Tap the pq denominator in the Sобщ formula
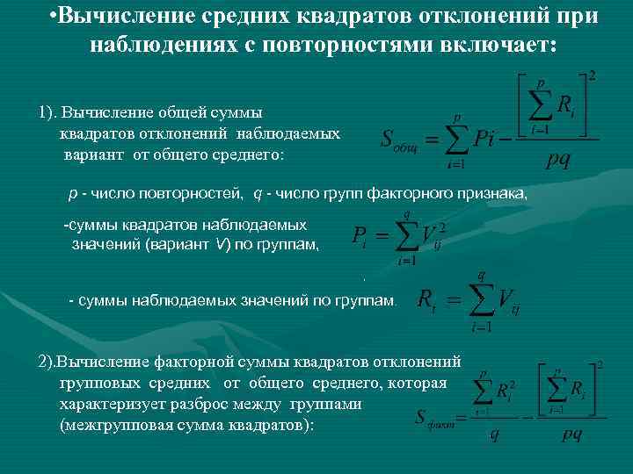click(557, 160)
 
